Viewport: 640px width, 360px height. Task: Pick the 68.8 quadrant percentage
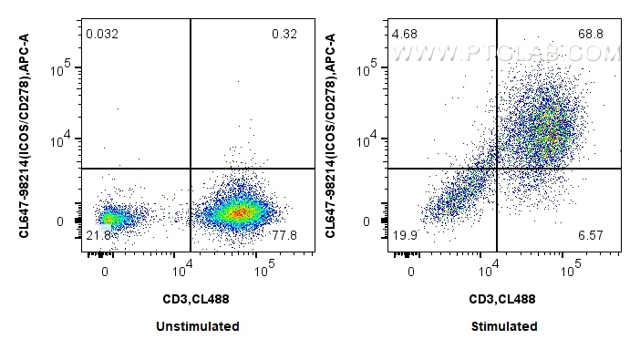pos(591,35)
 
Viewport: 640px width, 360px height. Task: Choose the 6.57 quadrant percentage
pos(591,236)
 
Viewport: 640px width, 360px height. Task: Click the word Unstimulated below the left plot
pos(197,326)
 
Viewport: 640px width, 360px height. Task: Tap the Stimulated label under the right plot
pos(503,326)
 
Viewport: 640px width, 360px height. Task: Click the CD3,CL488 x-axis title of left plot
pos(197,298)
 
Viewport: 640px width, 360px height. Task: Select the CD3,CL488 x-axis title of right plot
pos(503,298)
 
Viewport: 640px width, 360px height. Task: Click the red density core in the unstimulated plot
pos(239,212)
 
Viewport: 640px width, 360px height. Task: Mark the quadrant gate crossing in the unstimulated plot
pos(191,169)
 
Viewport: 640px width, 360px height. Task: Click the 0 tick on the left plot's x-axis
pos(106,272)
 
